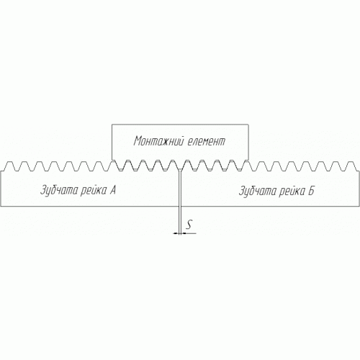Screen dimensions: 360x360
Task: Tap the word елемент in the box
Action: click(206, 141)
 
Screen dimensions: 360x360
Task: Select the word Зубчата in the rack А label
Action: click(59, 191)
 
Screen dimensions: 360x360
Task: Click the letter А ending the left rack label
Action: click(113, 190)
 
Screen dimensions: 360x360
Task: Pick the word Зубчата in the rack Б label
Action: click(258, 191)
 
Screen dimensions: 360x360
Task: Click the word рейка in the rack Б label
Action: click(292, 191)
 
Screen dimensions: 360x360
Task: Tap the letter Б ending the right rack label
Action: click(311, 191)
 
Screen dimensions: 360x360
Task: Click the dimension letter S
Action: click(189, 225)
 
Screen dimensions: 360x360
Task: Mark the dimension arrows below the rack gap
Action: click(180, 233)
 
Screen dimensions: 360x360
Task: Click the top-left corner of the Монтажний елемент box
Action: click(112, 125)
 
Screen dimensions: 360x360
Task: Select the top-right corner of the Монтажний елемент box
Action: click(248, 125)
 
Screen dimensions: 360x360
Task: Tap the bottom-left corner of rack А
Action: click(1, 206)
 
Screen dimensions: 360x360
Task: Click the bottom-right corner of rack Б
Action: click(359, 206)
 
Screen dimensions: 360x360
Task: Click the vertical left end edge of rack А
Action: click(1, 189)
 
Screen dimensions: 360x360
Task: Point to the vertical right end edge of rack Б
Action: click(359, 189)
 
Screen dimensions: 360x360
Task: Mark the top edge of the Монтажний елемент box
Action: click(180, 125)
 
